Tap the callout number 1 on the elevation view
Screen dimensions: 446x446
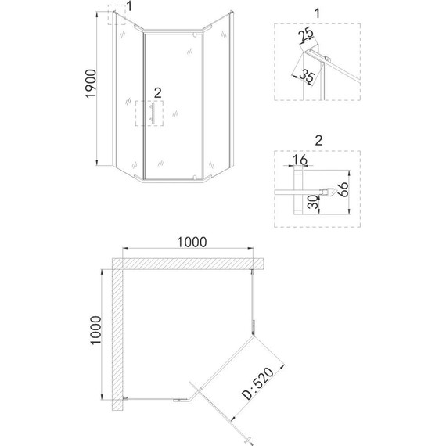pyautogui.click(x=130, y=7)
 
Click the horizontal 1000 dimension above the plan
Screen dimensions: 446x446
pyautogui.click(x=191, y=242)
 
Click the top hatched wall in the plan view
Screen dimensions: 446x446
pyautogui.click(x=188, y=262)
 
